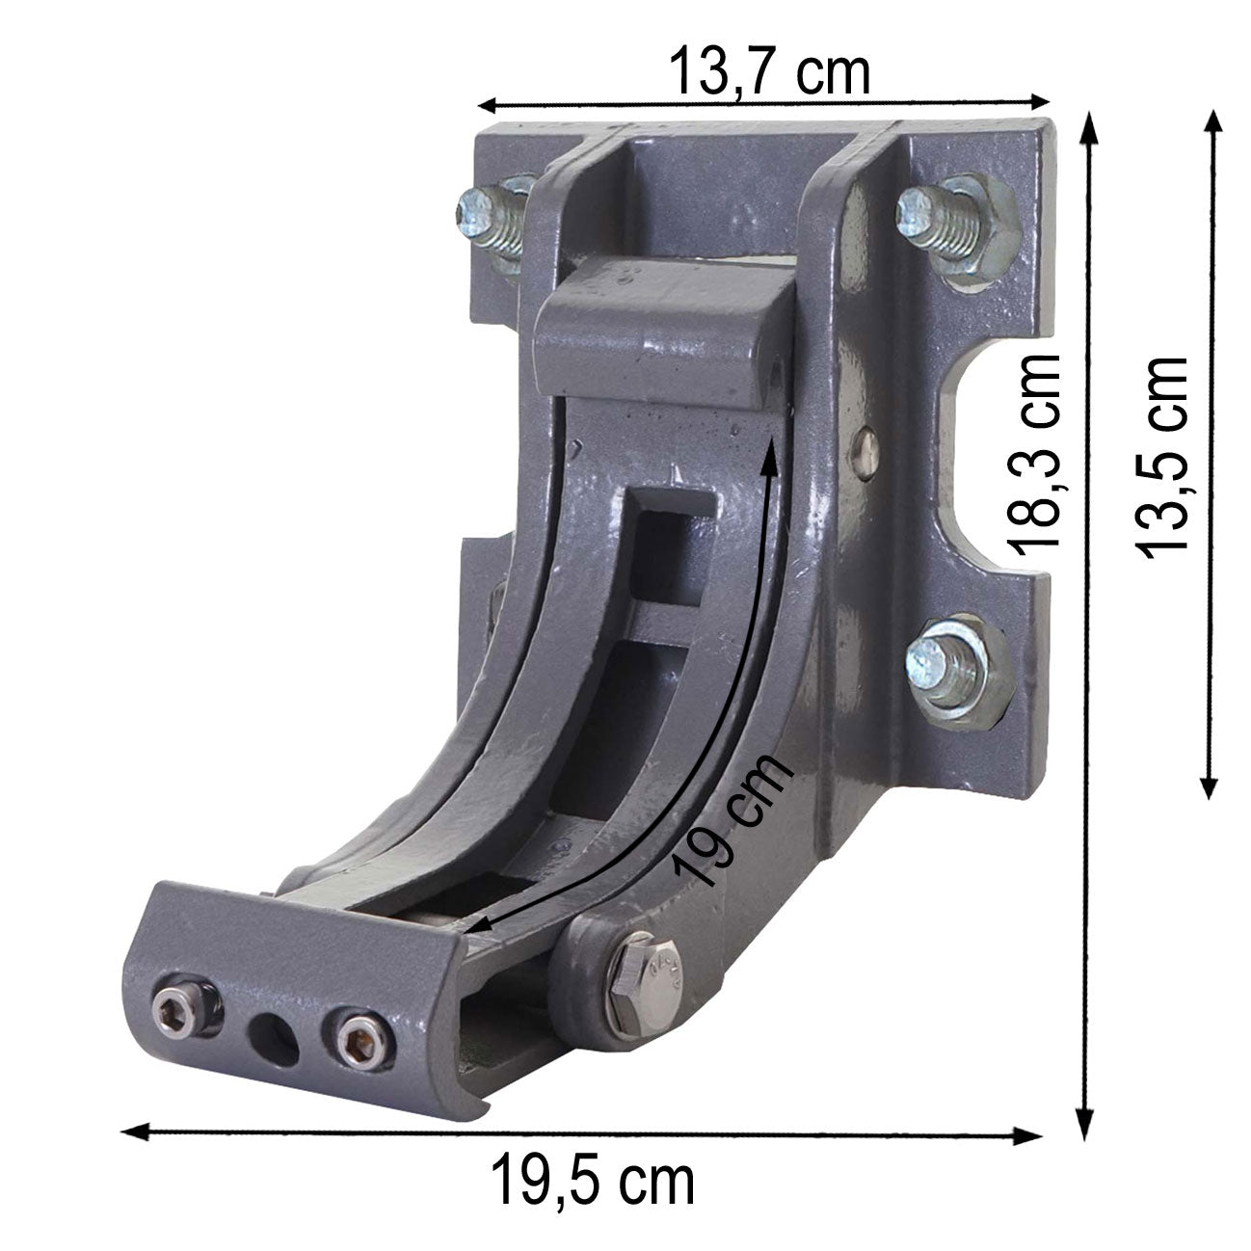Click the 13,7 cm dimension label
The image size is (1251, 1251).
769,72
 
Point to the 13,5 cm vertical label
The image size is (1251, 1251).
1161,457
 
